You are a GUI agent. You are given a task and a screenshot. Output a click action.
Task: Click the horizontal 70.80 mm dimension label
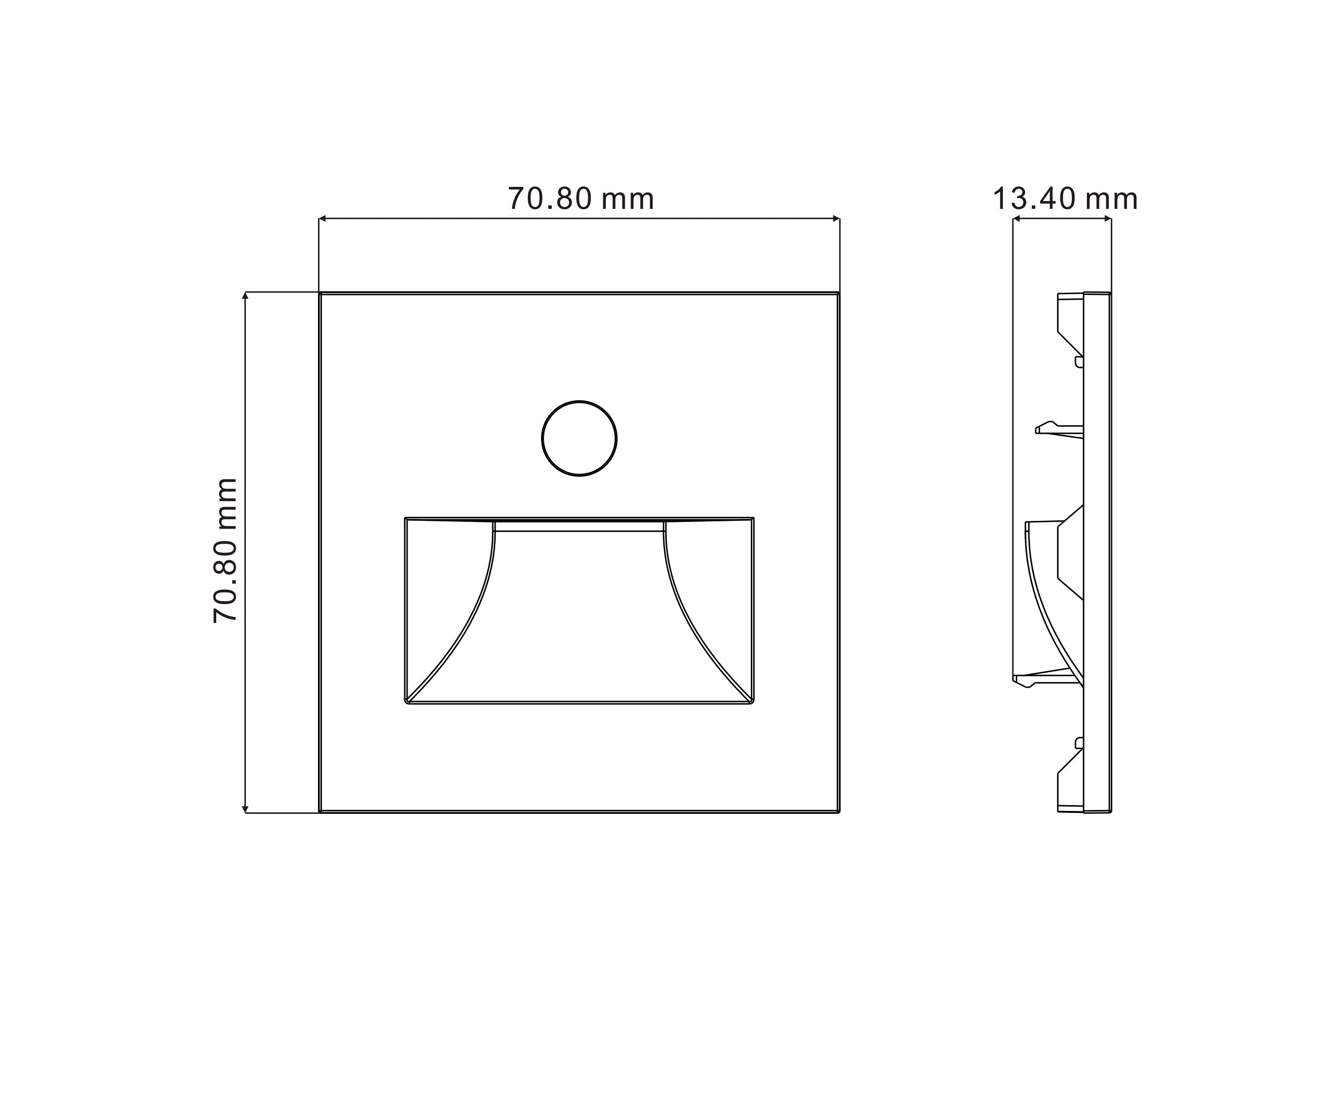581,199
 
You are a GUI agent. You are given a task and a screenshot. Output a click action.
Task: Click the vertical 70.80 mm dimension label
225,551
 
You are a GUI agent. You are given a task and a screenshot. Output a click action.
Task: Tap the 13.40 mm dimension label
1065,199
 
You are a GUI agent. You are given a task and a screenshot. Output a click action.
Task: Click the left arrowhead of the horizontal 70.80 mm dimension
322,219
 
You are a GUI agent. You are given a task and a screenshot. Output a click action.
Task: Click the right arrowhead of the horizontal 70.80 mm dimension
836,219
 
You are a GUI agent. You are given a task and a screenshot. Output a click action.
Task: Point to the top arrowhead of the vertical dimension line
245,295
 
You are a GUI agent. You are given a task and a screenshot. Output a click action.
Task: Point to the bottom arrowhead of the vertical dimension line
245,810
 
